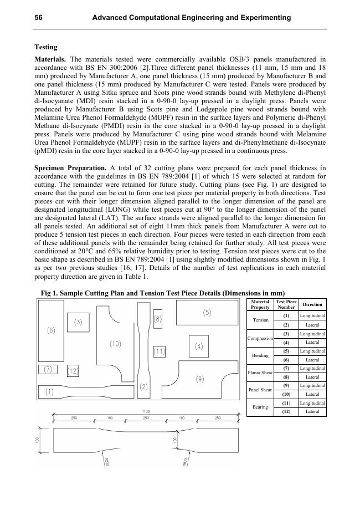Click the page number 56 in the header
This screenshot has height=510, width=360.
(39, 18)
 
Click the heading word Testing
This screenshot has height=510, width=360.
(46, 47)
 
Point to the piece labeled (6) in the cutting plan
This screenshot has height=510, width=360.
(51, 331)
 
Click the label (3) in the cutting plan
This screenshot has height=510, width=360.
(78, 322)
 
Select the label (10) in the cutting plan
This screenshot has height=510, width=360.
(115, 344)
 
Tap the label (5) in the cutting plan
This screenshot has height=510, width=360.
(207, 313)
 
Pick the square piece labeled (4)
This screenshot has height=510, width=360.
(199, 346)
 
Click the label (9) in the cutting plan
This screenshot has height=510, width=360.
(199, 379)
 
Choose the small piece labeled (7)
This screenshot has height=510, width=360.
(48, 369)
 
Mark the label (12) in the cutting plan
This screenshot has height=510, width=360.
(73, 370)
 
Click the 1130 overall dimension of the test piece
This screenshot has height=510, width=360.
(145, 412)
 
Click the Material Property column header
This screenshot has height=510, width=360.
(260, 304)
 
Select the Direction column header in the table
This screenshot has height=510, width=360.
(312, 304)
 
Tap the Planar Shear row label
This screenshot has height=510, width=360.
(260, 373)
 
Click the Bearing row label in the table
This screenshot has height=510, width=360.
(260, 407)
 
